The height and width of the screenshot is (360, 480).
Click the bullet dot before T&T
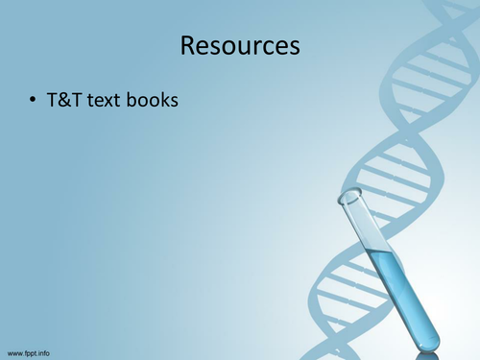tap(33, 99)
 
